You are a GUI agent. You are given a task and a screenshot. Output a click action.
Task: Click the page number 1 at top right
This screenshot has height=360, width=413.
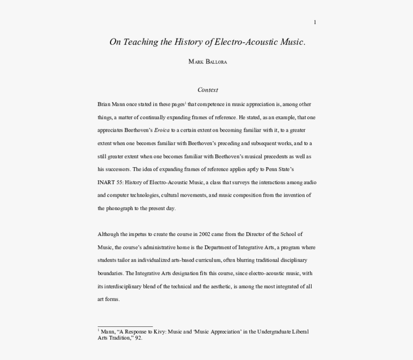[315, 22]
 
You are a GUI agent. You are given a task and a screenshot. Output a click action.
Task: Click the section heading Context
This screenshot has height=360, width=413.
[207, 89]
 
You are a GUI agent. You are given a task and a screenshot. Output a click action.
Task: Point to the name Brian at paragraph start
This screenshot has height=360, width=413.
[104, 104]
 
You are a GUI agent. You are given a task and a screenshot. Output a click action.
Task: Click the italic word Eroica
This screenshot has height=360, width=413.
[162, 130]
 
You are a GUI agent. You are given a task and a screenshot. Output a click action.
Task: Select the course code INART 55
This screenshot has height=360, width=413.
[110, 182]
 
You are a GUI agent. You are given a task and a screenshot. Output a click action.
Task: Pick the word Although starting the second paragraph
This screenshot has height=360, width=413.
[109, 234]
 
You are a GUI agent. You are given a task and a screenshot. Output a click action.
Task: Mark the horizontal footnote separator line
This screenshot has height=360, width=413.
[125, 326]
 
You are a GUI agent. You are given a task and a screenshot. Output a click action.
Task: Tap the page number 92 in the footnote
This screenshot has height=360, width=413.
[138, 338]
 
